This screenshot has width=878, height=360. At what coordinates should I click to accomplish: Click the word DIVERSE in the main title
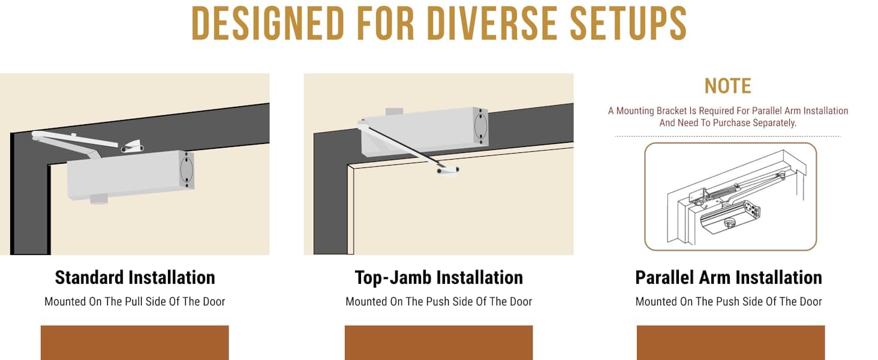pyautogui.click(x=492, y=23)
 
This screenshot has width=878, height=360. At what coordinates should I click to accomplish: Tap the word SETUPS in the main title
pyautogui.click(x=628, y=23)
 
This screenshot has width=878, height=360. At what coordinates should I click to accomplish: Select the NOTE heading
pyautogui.click(x=727, y=86)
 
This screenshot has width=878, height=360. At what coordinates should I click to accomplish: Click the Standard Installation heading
pyautogui.click(x=135, y=278)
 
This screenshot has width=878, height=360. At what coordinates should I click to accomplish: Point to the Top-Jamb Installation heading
pyautogui.click(x=438, y=278)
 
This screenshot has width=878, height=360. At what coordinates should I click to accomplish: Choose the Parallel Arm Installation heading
pyautogui.click(x=729, y=278)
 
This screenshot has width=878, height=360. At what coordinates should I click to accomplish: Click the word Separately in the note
pyautogui.click(x=774, y=123)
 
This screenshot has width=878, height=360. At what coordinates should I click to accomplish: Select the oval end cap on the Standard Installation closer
pyautogui.click(x=187, y=169)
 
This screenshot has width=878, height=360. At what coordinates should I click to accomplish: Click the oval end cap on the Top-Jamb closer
pyautogui.click(x=480, y=125)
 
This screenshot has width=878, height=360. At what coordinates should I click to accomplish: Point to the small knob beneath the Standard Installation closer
pyautogui.click(x=99, y=199)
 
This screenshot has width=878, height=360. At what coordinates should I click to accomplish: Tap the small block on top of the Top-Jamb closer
pyautogui.click(x=394, y=112)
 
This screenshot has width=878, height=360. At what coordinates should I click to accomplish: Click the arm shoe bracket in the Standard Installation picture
pyautogui.click(x=132, y=146)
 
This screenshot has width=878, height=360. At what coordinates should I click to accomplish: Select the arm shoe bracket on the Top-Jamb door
pyautogui.click(x=448, y=171)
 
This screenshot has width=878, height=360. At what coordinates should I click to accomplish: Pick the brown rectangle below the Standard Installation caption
pyautogui.click(x=135, y=343)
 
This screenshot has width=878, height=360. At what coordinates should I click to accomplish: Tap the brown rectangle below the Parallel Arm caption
pyautogui.click(x=730, y=343)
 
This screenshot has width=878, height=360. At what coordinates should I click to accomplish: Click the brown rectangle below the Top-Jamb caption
pyautogui.click(x=438, y=343)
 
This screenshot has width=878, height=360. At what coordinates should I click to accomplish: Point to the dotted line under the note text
pyautogui.click(x=728, y=136)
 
